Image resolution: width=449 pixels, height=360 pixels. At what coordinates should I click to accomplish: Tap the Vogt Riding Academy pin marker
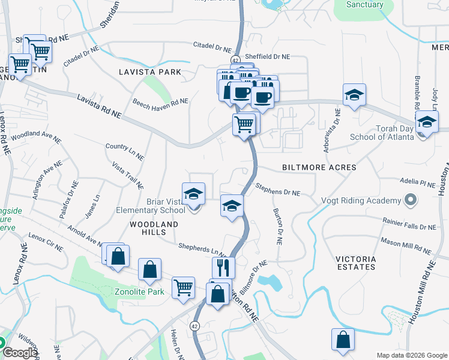pos(410,200)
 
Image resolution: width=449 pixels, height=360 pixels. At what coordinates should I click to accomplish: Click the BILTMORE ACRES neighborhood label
pos(325,167)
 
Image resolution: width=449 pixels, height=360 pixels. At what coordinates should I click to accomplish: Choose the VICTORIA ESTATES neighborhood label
pos(355,263)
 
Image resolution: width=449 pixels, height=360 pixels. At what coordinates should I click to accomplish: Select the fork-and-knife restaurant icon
pos(223,267)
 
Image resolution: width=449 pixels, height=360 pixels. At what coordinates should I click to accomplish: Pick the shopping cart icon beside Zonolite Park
pos(183,287)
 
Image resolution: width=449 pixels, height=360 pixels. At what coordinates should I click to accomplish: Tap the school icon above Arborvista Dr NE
pos(354,95)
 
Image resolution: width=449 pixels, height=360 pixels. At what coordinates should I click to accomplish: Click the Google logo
pos(19,353)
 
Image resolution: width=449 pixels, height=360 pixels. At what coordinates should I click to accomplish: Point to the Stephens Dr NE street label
pos(277,193)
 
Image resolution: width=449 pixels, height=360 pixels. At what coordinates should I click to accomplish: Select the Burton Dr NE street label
pos(277,227)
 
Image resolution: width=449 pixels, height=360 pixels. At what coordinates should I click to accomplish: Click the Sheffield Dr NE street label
pos(268,56)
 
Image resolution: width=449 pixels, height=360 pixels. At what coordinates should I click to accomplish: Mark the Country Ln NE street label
pos(124,151)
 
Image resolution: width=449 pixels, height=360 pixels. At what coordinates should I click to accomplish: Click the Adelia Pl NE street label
pos(418,181)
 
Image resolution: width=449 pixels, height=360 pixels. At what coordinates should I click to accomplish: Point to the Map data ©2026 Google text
pos(411,355)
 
